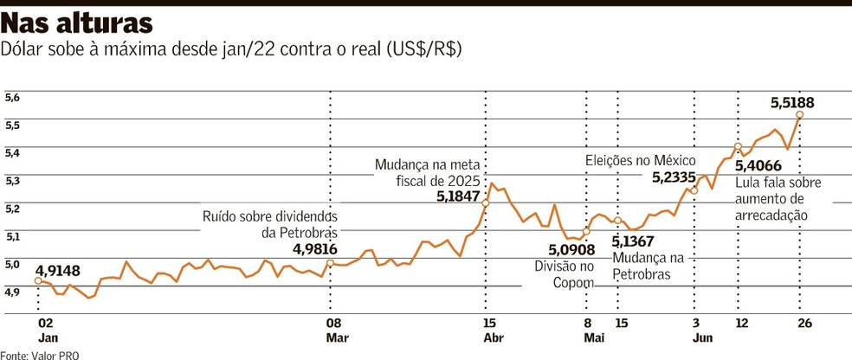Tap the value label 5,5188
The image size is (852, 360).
click(x=791, y=102)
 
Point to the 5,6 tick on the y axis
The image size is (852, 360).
click(x=12, y=99)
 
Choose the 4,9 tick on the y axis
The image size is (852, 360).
click(x=12, y=292)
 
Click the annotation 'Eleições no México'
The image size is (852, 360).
click(x=640, y=160)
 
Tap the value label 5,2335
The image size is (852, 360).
click(x=674, y=177)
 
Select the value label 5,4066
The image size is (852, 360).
click(x=757, y=166)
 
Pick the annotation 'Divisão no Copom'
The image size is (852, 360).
click(x=565, y=274)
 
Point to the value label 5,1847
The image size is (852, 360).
click(x=460, y=197)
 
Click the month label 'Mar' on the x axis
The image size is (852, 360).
click(x=337, y=338)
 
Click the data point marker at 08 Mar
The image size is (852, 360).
click(x=330, y=262)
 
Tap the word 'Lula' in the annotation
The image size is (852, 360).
click(x=748, y=183)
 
